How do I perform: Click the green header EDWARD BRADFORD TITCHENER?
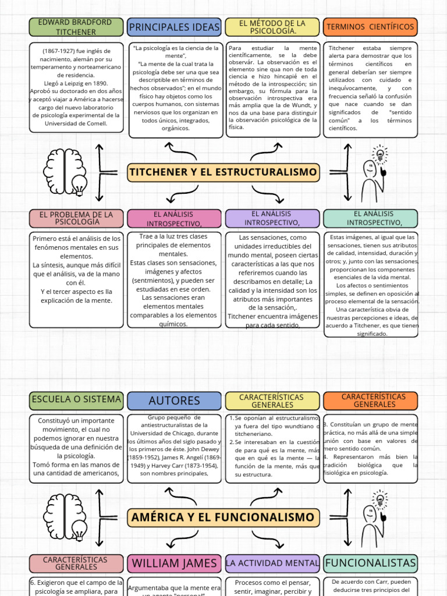(x=76, y=27)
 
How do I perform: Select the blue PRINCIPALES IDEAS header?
(x=175, y=27)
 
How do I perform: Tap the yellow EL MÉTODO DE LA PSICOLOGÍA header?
(x=272, y=27)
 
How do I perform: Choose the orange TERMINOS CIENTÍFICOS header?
(x=370, y=27)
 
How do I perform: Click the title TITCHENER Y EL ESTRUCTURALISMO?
(x=223, y=172)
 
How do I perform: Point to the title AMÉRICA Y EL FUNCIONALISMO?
(x=223, y=517)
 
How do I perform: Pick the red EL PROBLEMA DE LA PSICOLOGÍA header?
(x=76, y=218)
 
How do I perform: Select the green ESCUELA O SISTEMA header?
(x=76, y=399)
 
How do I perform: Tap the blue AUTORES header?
(x=175, y=400)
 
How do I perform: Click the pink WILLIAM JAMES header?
(x=175, y=563)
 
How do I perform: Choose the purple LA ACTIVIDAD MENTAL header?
(x=272, y=563)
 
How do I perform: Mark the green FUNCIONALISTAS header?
(x=370, y=563)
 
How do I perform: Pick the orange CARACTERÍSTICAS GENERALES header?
(x=370, y=400)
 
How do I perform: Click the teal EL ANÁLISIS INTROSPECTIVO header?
(x=370, y=218)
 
